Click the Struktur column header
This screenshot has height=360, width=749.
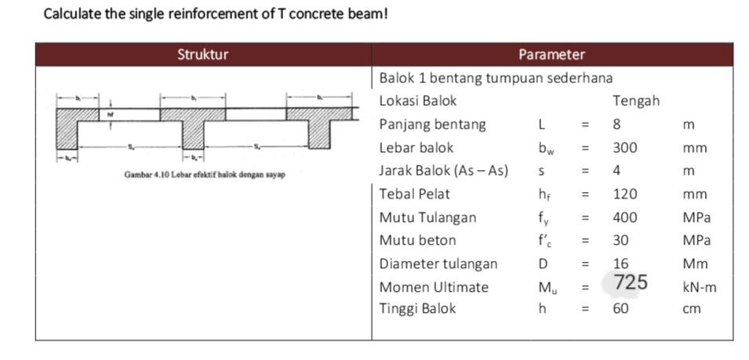202,55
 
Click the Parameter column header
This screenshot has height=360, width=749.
551,55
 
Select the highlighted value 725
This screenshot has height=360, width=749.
631,282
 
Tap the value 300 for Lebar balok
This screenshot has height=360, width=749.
625,147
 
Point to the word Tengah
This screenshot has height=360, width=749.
635,101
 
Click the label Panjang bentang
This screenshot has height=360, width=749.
432,125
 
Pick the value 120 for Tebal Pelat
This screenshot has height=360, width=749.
625,195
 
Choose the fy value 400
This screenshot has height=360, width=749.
625,217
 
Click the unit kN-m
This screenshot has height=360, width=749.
700,287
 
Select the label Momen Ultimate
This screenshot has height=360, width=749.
434,287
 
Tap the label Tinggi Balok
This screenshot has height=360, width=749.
417,308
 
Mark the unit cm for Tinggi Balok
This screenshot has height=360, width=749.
691,309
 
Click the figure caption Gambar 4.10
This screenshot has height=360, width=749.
204,174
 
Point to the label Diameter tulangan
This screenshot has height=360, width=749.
438,264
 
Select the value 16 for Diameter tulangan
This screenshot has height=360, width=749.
621,264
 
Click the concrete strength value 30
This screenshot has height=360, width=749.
621,240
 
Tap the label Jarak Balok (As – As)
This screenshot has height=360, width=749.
443,170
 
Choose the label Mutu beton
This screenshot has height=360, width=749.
417,240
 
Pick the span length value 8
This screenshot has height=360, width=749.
617,125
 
